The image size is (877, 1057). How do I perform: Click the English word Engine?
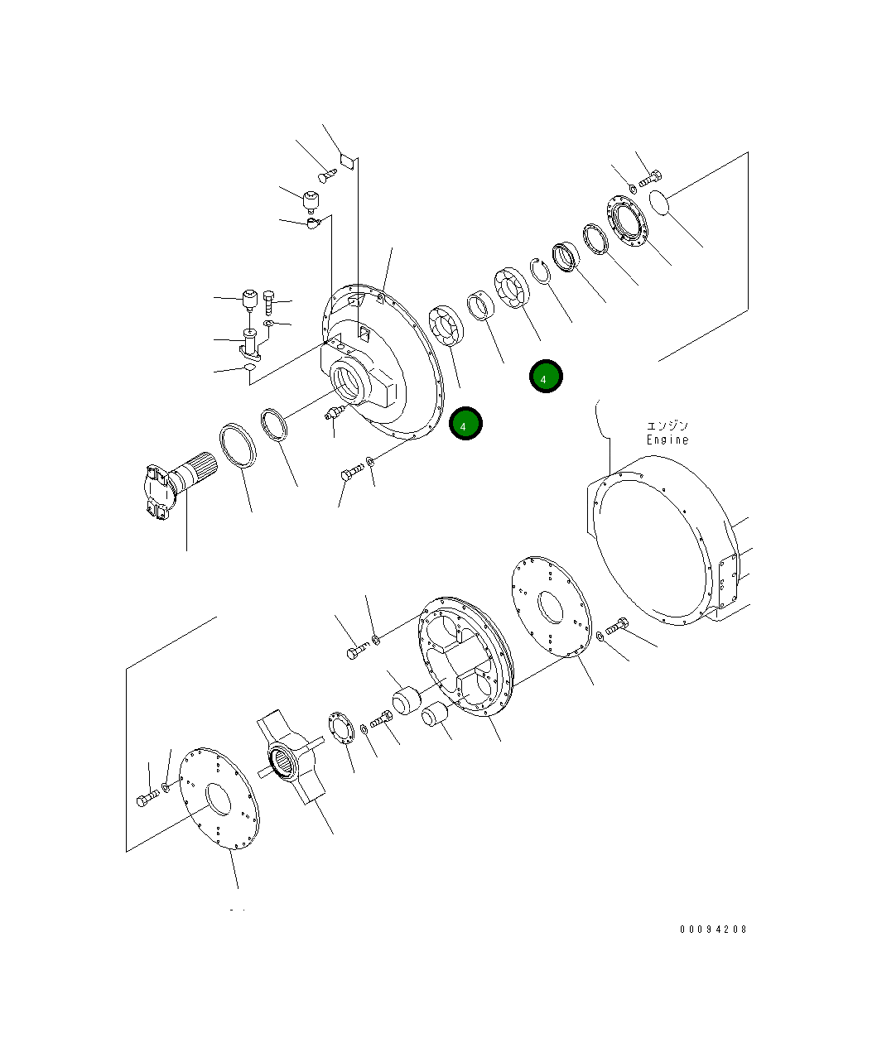667,440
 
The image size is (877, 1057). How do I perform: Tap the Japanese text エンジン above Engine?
667,425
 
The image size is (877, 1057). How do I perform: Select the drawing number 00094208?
713,930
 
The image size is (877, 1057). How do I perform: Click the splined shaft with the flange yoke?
177,488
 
